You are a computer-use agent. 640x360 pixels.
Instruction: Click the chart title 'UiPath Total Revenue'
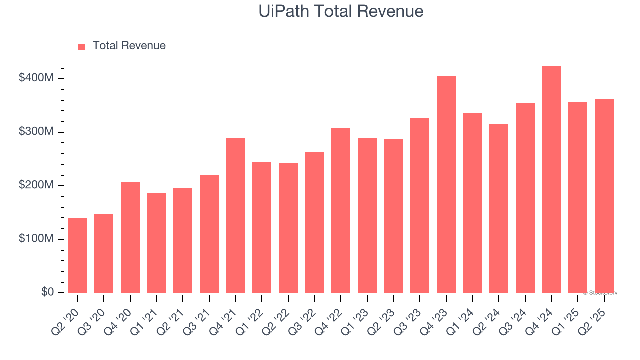(x=341, y=11)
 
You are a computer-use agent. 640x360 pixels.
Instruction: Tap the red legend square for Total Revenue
(x=82, y=46)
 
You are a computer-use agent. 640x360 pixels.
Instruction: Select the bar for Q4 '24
(x=551, y=180)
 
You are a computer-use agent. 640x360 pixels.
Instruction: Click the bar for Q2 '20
(x=78, y=255)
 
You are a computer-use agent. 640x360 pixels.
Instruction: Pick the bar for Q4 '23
(x=446, y=184)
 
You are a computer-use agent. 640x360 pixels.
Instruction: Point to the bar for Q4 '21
(x=236, y=215)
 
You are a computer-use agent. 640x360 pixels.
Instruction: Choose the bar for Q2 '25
(x=604, y=196)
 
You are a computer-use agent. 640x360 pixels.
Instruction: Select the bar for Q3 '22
(x=315, y=222)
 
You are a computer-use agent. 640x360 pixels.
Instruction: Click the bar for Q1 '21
(x=157, y=243)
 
